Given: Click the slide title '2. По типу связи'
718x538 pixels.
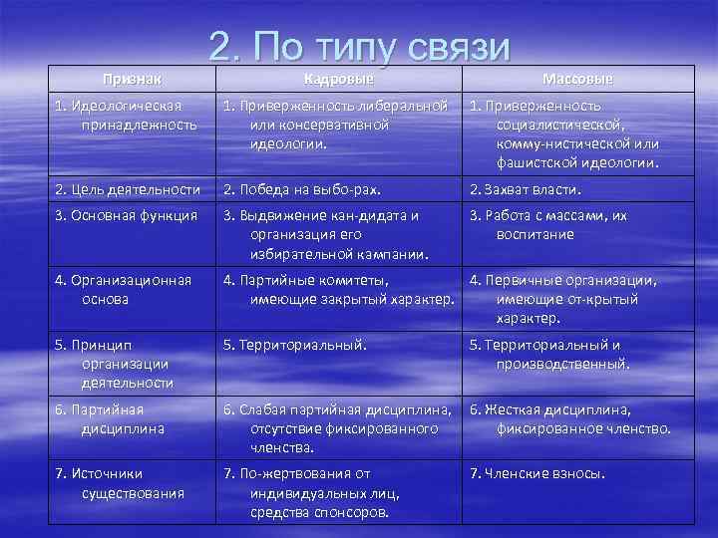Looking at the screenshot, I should pos(360,46).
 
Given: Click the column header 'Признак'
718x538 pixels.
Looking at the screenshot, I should pos(134,78).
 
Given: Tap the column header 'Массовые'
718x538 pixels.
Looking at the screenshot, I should pos(578,78).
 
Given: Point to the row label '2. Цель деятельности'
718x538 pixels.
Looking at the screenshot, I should pos(127,189).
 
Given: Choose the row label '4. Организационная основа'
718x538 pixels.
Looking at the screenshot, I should pos(121,289).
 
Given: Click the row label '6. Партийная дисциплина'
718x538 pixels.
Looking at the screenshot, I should pos(107,418).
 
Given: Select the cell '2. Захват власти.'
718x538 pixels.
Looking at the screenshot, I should pos(525,189).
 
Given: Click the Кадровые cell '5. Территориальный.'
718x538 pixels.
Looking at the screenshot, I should pos(295,345).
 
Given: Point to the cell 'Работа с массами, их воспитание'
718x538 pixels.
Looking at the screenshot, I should pos(562,224).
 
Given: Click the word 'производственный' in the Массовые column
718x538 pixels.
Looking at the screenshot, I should pos(563,364).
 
